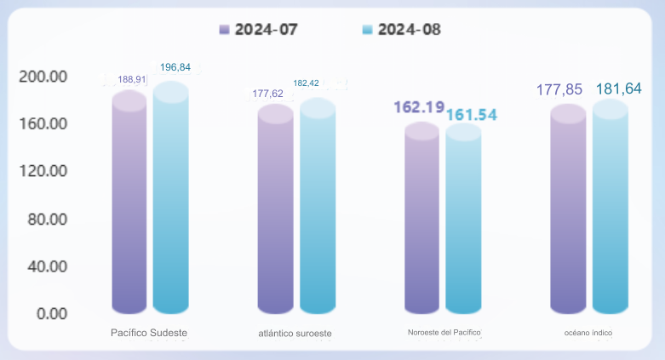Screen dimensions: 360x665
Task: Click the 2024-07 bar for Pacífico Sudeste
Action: pos(129,204)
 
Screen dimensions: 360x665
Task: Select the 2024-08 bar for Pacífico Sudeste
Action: pos(170,200)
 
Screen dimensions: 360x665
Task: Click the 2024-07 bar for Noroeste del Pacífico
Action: pos(421,221)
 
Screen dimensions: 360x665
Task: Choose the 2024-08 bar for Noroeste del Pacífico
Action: pos(463,222)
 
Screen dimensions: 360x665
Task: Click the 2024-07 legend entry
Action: pos(259,29)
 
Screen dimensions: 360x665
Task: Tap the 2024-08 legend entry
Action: pos(402,29)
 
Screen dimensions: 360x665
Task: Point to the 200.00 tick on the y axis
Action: pos(43,77)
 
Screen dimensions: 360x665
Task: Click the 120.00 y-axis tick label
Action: pos(43,171)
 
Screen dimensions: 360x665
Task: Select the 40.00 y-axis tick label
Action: pos(47,266)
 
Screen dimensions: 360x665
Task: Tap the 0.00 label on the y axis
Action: pos(51,313)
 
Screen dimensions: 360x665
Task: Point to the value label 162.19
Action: pos(419,107)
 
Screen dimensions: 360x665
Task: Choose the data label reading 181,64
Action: pos(618,89)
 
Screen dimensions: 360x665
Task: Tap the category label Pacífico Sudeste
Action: pos(149,332)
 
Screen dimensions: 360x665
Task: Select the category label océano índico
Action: pos(588,332)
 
